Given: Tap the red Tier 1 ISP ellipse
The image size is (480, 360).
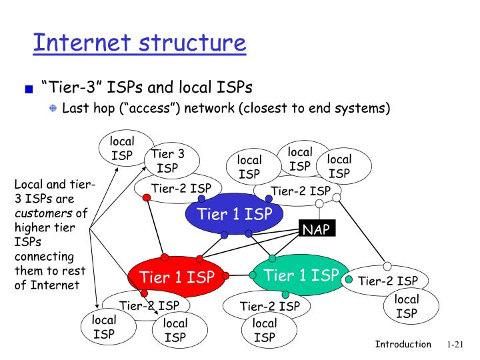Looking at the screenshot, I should pos(176,277).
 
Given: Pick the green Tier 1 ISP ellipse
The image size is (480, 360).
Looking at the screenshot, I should pos(301,275).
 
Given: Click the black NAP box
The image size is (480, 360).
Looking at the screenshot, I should pos(316,230).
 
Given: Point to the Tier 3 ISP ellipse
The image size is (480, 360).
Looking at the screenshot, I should pos(167,161).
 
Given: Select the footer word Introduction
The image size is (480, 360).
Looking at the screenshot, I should pos(403,344).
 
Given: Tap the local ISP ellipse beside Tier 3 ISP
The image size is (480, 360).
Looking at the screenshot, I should pos(122,149).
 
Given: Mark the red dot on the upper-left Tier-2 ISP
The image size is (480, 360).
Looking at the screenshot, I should pos(146,198).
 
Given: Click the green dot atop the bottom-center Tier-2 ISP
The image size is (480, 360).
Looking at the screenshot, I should pos(285,295).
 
